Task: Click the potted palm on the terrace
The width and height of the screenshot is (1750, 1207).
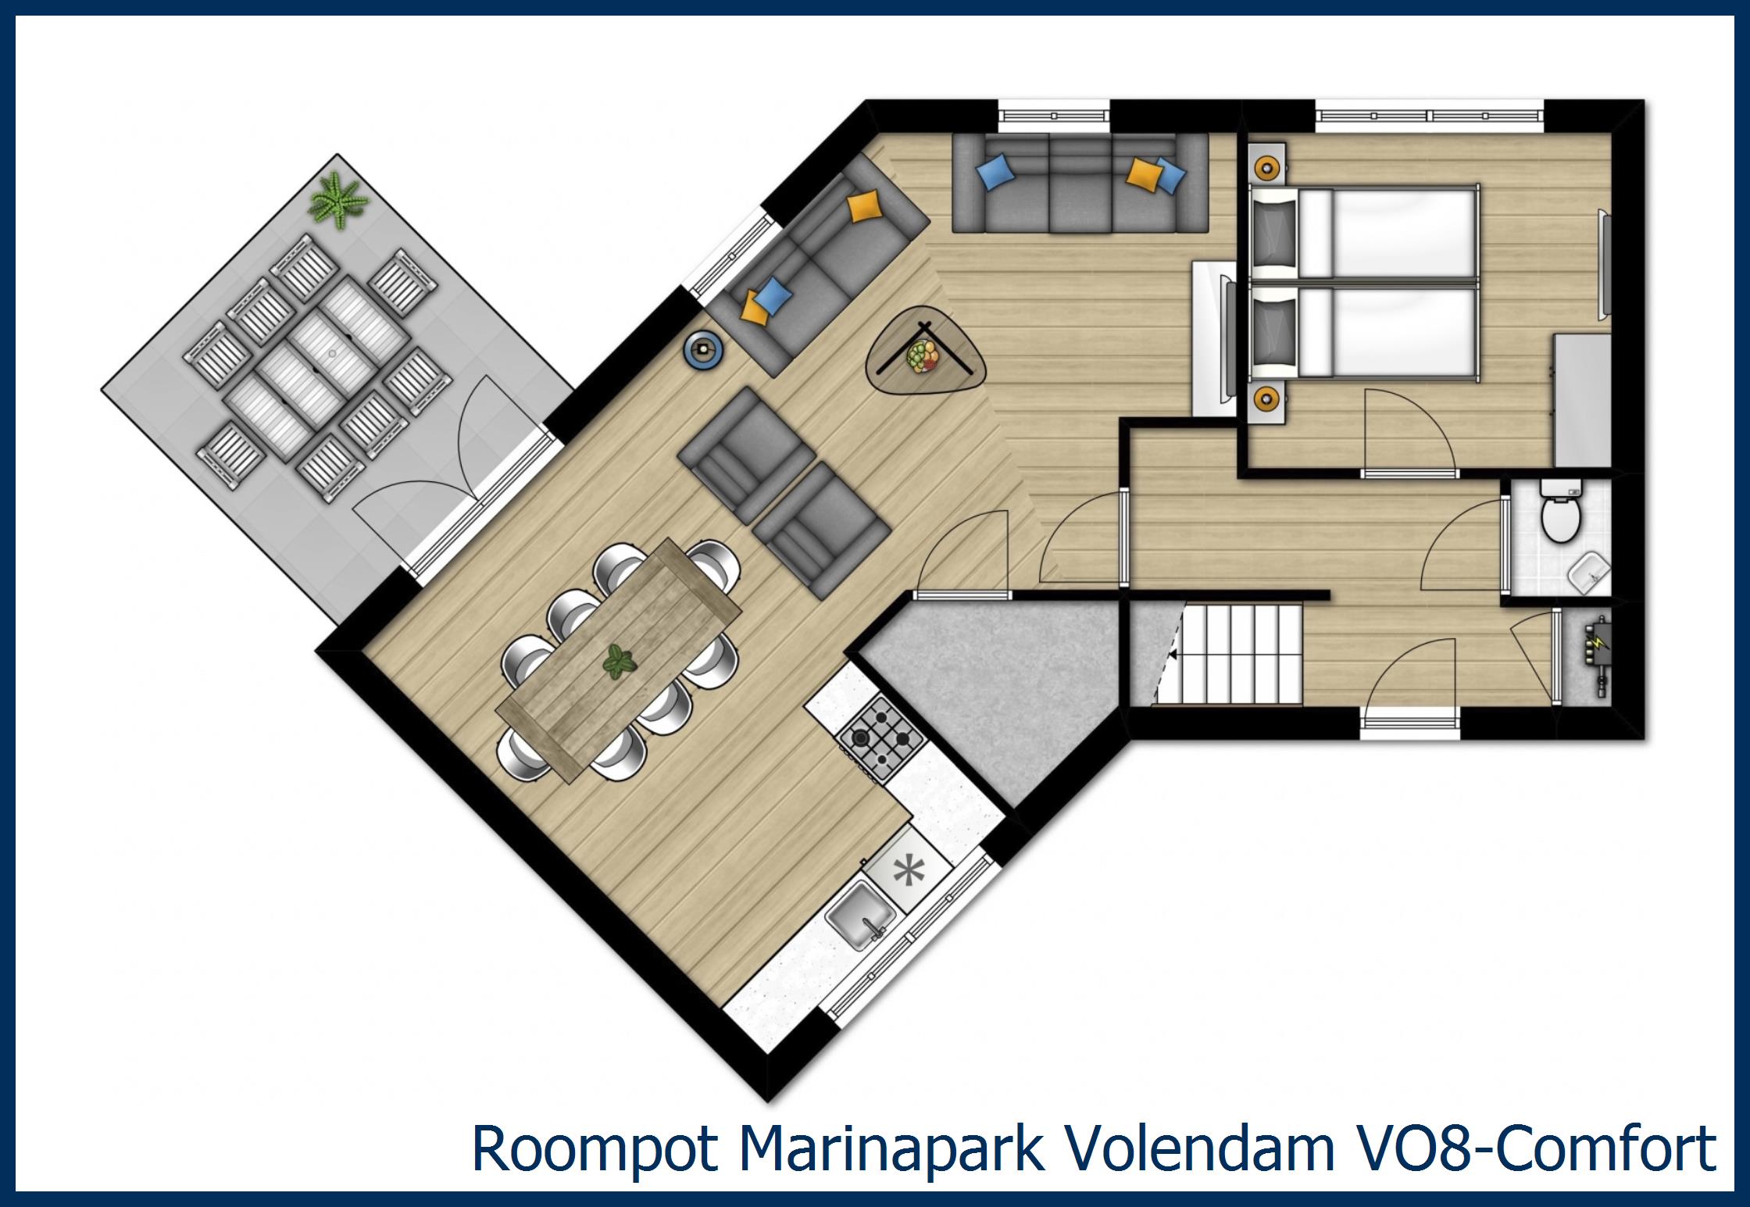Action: click(x=338, y=202)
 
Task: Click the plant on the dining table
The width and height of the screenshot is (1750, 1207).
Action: click(x=620, y=663)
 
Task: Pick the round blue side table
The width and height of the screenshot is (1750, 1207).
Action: click(x=704, y=348)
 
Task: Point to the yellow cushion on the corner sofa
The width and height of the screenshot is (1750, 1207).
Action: click(x=866, y=206)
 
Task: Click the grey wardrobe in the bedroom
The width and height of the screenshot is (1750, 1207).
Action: click(x=1582, y=400)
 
